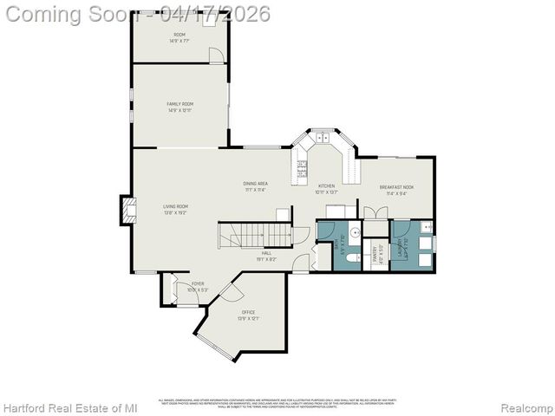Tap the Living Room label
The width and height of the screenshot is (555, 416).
pos(175,206)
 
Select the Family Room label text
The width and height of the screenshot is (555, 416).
pos(180,104)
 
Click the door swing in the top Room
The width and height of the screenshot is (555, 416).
pos(217,55)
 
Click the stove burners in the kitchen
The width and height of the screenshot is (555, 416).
pos(302,167)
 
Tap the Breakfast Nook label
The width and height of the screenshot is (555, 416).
pos(396,187)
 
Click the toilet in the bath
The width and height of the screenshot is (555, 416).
pos(351,257)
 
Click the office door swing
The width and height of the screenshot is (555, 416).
pos(232,292)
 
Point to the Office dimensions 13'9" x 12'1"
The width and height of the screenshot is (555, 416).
pos(249,318)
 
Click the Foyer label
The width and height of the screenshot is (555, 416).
pos(198,283)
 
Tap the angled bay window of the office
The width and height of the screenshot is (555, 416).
pos(212,346)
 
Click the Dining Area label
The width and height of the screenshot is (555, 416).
pos(255,184)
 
